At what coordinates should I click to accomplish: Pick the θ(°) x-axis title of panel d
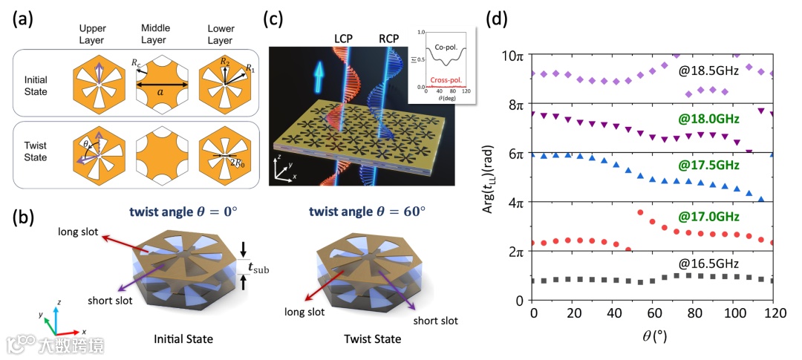[x=654, y=336]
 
